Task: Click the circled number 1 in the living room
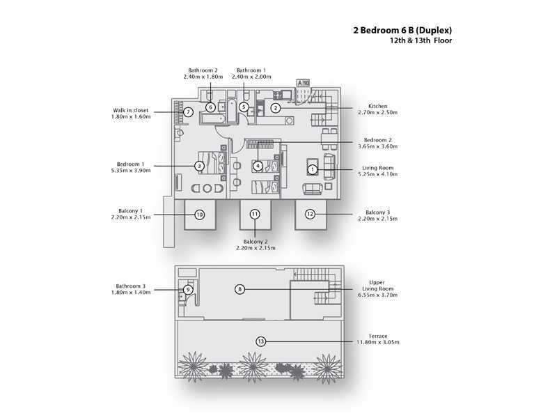coord(313,169)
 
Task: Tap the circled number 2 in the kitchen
coord(276,107)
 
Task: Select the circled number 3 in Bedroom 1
coord(199,166)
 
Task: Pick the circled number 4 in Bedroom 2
coord(258,166)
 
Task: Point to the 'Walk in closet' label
coord(130,110)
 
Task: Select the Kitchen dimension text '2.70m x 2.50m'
coord(377,112)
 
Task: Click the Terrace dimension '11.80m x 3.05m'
coord(378,342)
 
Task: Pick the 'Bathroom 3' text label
coord(130,286)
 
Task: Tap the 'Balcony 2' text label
coord(256,241)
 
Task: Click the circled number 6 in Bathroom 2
coord(210,107)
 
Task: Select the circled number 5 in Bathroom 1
coord(244,107)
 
